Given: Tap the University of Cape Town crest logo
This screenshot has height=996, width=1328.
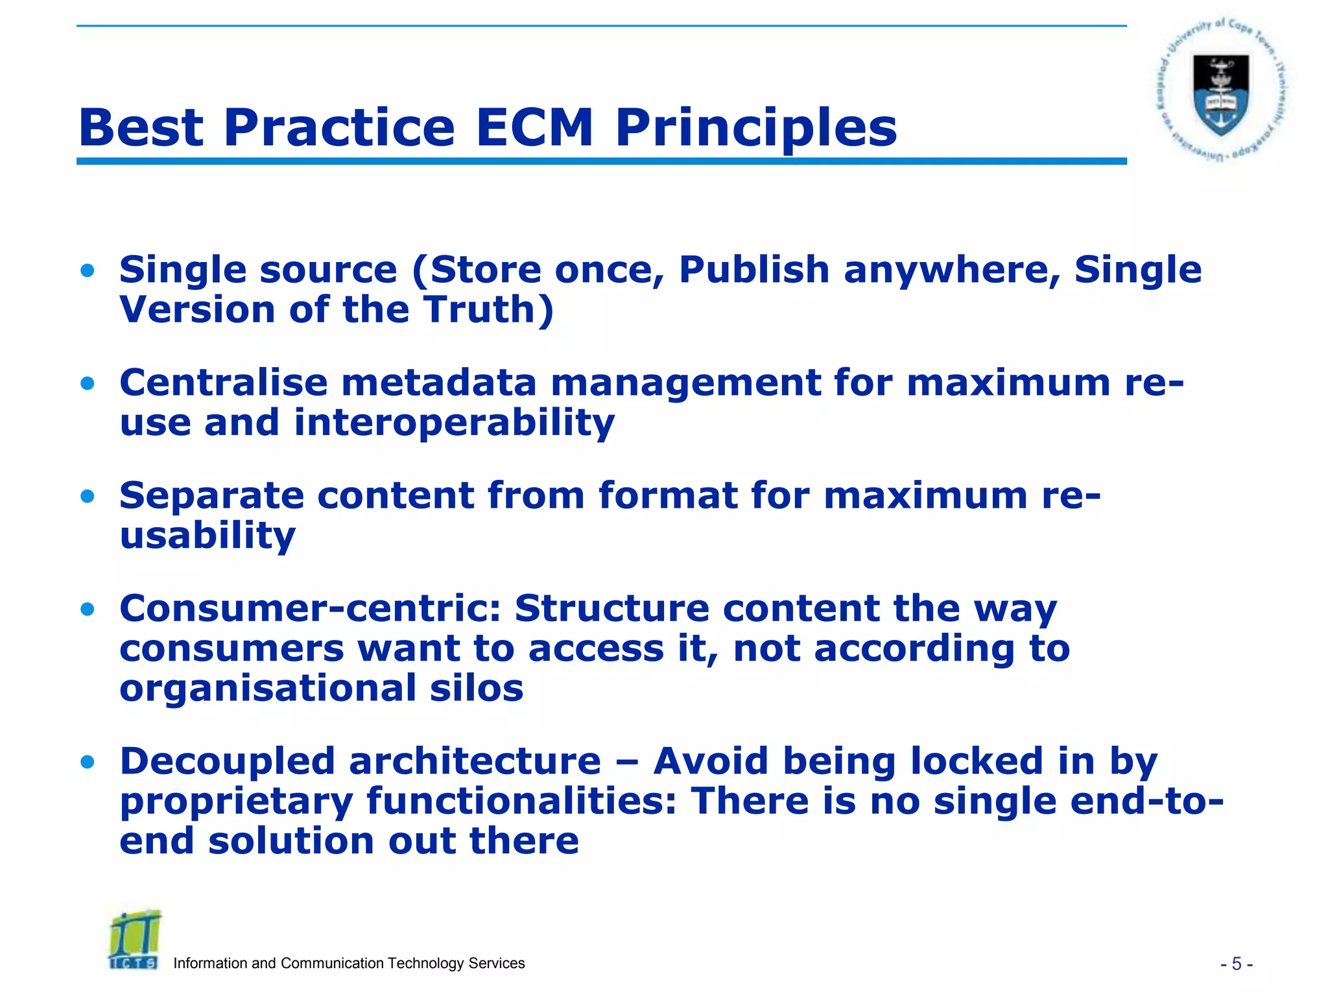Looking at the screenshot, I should pos(1221,91).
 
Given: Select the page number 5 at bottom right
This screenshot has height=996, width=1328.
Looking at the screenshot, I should pos(1236,964).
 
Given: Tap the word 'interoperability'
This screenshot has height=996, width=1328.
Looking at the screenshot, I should pos(454,423).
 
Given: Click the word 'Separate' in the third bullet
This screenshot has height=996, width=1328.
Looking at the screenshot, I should pos(211,496).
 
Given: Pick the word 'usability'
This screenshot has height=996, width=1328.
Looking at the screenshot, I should pos(207,536).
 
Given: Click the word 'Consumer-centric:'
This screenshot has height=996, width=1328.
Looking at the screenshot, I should pos(310,609).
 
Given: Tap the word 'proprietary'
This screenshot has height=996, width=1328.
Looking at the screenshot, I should pos(236,802).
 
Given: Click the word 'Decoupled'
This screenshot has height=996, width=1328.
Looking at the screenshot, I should pos(227,761).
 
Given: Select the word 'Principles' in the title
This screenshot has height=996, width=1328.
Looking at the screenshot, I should pos(756,128).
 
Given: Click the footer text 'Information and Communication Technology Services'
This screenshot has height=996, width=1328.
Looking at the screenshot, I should pos(349,964).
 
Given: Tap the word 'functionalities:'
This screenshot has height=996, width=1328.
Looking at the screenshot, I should pos(521,801).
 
